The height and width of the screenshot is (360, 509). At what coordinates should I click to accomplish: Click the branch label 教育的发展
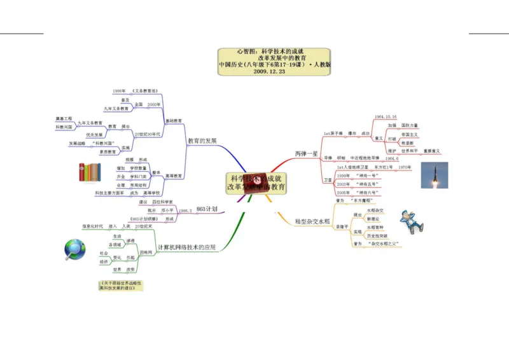coord(202,140)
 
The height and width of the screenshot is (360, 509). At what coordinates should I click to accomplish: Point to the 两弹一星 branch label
coord(306,153)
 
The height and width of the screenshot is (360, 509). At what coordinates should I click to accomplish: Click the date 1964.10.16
coord(386,116)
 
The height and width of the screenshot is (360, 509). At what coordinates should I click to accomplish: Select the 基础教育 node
coord(174,120)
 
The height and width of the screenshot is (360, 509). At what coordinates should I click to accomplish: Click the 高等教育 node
coord(174,176)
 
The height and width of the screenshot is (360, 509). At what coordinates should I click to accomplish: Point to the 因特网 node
coord(146,253)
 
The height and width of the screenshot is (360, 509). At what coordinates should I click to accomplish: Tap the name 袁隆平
coord(342,226)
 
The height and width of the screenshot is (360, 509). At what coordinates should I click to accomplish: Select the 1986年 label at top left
coord(119,91)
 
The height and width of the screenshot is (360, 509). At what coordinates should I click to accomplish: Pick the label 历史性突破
coord(379,235)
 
